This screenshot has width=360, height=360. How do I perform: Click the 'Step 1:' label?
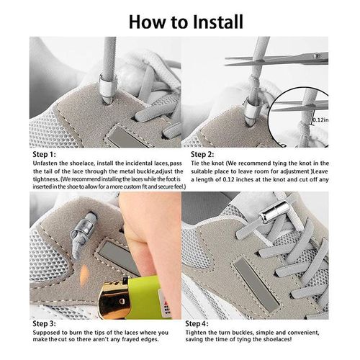coord(45,154)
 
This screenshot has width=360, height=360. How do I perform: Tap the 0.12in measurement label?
coord(320,121)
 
